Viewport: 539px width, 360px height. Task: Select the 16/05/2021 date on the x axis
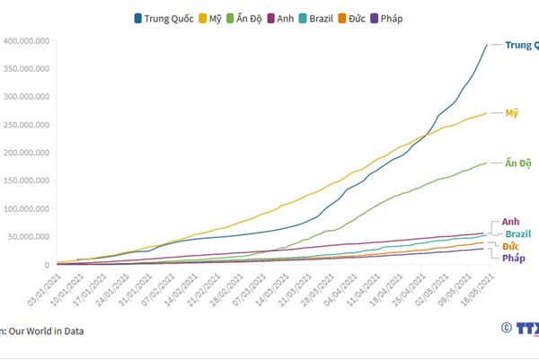(x=473, y=289)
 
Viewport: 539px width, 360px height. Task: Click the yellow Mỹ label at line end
(x=512, y=113)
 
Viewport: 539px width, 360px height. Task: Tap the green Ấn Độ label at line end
(x=518, y=163)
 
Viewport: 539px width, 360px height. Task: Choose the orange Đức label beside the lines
(x=511, y=246)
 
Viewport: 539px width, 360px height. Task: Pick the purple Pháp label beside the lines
(x=514, y=259)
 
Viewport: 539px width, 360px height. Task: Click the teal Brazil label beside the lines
(x=517, y=233)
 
